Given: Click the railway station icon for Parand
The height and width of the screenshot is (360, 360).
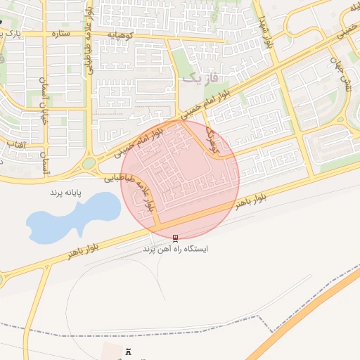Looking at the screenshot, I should [x=175, y=238].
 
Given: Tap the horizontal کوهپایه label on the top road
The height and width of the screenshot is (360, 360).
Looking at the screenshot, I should [x=126, y=34].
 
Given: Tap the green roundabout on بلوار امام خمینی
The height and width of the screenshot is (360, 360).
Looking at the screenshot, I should [x=89, y=165].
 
